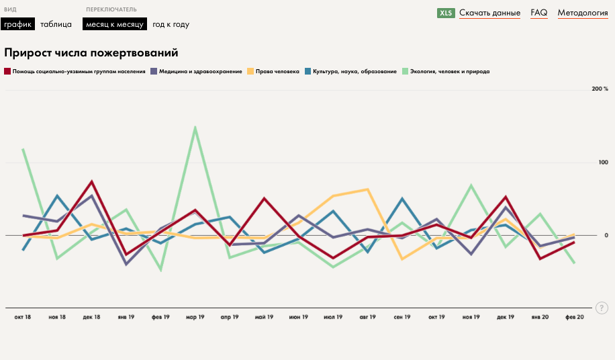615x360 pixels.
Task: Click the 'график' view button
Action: (x=17, y=24)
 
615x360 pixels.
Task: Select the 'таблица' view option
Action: (x=56, y=24)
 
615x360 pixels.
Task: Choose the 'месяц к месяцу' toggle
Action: (x=114, y=24)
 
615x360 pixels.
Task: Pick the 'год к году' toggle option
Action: (x=171, y=24)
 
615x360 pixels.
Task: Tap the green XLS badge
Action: (x=446, y=13)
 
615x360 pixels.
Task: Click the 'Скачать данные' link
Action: (x=489, y=13)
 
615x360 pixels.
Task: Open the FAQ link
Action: (x=538, y=13)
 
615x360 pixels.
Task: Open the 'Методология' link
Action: (x=582, y=13)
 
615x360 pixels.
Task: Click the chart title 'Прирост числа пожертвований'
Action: (x=91, y=52)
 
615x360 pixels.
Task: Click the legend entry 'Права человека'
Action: (x=277, y=71)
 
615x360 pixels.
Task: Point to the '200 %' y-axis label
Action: (x=600, y=89)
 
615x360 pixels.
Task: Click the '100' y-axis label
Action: (x=603, y=163)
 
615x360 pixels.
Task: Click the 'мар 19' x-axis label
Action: (x=195, y=316)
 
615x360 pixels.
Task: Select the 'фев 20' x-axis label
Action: (x=574, y=316)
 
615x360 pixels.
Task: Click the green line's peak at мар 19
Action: (x=195, y=127)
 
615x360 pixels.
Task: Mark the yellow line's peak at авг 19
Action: (x=367, y=189)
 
